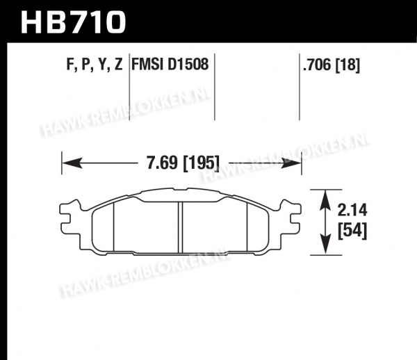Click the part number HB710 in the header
(x=73, y=22)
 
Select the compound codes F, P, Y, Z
(x=95, y=64)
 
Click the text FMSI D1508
(x=170, y=64)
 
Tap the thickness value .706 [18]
(x=332, y=65)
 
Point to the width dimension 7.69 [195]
(x=183, y=163)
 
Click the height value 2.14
(x=352, y=210)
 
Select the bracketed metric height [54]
(x=352, y=231)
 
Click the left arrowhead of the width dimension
(x=72, y=163)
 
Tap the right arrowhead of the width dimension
(x=291, y=163)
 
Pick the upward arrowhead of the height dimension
(x=326, y=200)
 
